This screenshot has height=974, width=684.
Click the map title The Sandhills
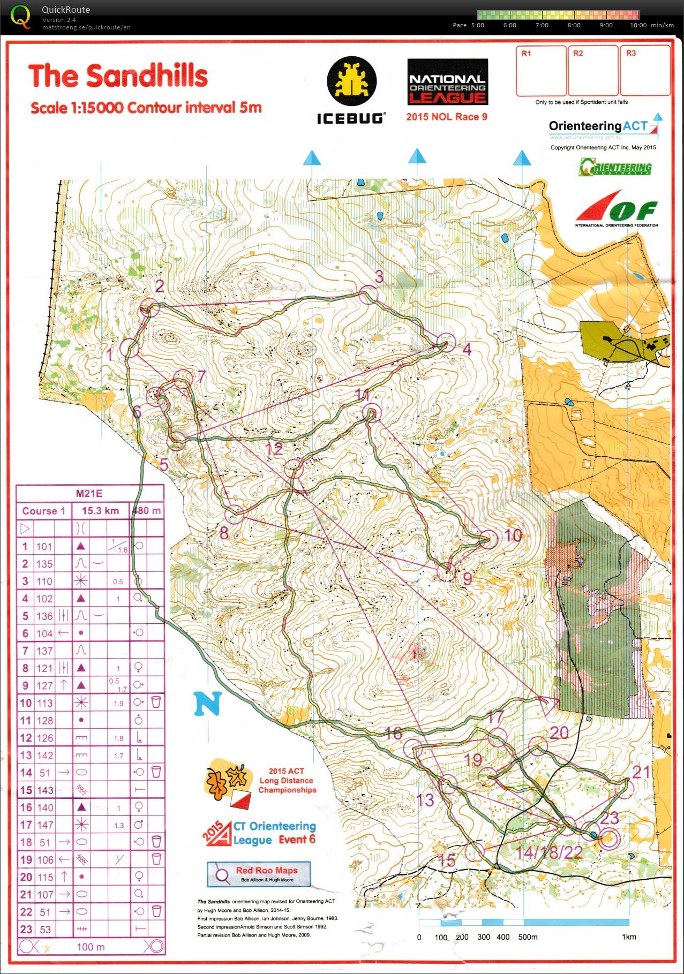coord(118,76)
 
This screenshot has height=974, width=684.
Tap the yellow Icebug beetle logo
coord(352,81)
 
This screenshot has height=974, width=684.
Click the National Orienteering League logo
coord(447,82)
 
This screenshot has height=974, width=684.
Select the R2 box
coord(592,70)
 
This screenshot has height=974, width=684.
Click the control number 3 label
coord(379,276)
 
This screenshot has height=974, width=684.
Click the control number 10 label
coord(513,535)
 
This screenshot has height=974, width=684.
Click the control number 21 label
coord(641,772)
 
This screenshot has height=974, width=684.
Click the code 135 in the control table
coord(44,564)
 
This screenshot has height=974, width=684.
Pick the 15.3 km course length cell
coord(100,511)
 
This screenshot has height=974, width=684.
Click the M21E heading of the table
coord(89,494)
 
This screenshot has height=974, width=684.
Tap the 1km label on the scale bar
coord(629,937)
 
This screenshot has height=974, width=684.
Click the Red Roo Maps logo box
coord(259,874)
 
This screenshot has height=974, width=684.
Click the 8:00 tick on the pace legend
coord(574,25)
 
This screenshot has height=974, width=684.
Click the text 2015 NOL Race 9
coord(446,117)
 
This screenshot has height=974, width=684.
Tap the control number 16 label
coord(393,734)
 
